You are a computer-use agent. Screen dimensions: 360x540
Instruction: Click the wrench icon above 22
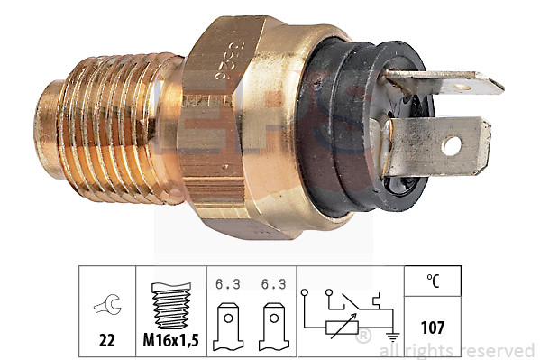point(106,306)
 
